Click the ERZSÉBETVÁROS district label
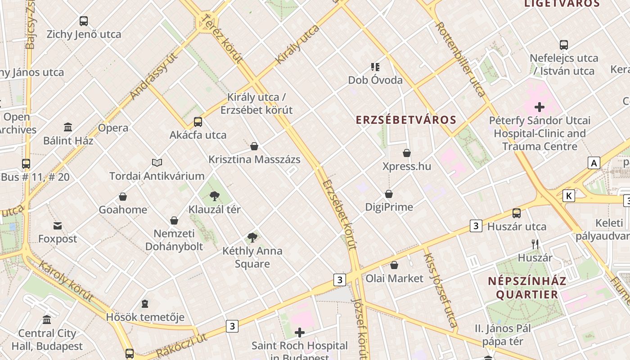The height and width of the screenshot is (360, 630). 406,120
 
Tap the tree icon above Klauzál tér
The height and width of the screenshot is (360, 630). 215,196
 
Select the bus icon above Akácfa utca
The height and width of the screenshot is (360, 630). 198,121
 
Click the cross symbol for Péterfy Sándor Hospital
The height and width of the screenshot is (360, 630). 539,107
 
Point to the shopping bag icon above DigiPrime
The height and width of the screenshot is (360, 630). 389,194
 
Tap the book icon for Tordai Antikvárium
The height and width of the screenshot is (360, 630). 157,162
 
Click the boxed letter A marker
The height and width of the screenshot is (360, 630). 594,163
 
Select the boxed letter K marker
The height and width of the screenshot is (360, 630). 569,196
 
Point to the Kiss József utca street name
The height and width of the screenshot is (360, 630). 440,290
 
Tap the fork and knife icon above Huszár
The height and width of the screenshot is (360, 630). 535,244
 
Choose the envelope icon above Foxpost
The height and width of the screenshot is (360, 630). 58,225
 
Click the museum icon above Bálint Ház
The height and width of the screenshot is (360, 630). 68,127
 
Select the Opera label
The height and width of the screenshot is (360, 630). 113,128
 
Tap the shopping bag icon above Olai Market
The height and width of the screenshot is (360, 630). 394,265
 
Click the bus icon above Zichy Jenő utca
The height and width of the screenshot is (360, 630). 84,21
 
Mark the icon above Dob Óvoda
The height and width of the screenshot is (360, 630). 375,67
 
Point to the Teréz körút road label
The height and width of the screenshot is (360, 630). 223,38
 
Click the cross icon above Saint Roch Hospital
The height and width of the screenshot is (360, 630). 299,333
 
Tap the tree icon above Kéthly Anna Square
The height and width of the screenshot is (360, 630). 252,237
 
